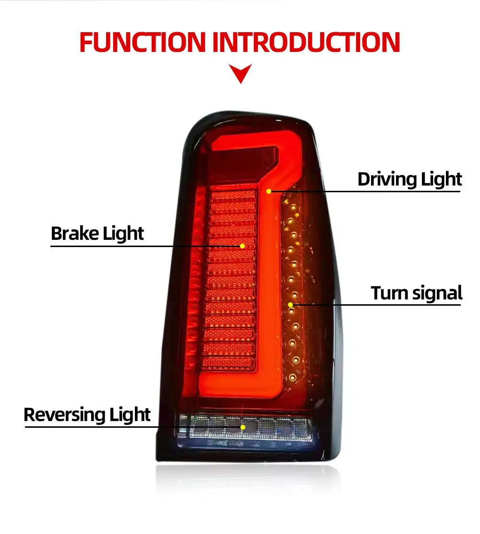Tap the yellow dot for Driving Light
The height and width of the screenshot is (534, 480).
coord(269,191)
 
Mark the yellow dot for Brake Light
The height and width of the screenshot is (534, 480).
coord(242,246)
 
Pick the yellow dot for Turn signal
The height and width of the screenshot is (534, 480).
coord(290,305)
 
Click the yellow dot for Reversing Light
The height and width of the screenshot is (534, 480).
coord(243,427)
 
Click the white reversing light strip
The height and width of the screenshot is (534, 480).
coord(278,427)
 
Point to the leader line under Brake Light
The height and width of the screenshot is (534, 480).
coord(144,246)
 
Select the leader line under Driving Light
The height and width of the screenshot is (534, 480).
coord(365,191)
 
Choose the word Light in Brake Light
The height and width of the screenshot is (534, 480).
coord(123,234)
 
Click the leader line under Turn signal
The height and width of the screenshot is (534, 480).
coord(374,305)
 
